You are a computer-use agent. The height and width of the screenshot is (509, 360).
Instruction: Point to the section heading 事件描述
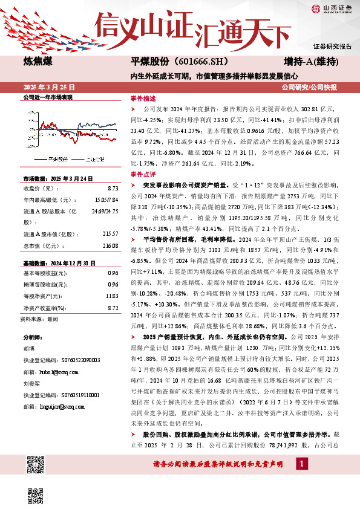tap(143, 98)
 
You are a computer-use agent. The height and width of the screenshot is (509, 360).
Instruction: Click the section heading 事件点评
tap(143, 173)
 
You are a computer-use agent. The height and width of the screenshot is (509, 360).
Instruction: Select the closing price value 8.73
tap(112, 189)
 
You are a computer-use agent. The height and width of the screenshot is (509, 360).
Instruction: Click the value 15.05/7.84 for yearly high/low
tap(106, 201)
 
